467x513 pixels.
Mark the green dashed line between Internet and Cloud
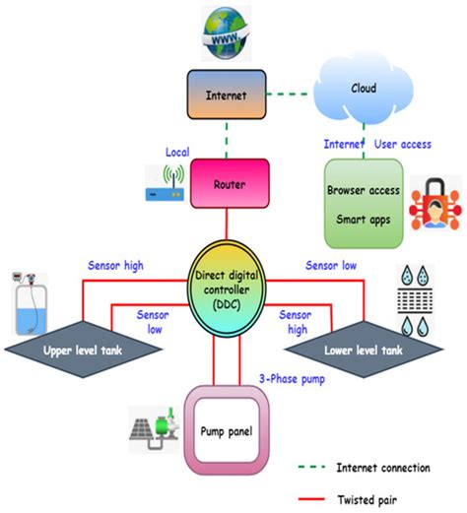(x=285, y=95)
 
